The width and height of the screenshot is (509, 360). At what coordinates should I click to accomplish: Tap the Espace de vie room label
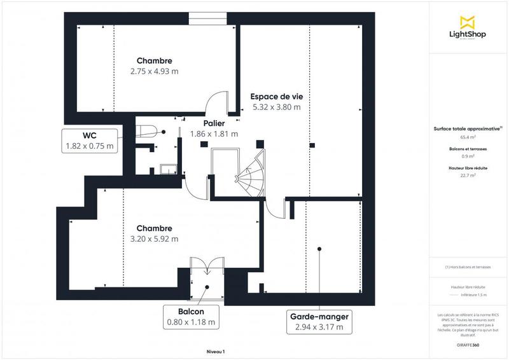pos(276,96)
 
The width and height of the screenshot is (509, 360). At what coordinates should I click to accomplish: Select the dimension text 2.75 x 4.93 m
pos(154,71)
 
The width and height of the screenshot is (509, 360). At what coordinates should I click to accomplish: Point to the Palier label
pos(213,123)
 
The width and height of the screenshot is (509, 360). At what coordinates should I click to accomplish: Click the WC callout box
pos(90,141)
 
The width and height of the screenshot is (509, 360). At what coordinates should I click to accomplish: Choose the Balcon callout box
pos(191,317)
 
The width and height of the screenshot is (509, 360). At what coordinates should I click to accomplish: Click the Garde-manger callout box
pos(319,322)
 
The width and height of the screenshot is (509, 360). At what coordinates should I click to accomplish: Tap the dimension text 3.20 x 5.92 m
pos(154,239)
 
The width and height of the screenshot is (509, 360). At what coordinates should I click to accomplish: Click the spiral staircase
pos(250,173)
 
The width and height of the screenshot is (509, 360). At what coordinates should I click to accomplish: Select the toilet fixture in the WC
pos(148,130)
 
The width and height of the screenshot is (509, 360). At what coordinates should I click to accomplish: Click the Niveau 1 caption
pos(216,351)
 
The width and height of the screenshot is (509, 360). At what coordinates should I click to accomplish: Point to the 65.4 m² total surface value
pos(468,137)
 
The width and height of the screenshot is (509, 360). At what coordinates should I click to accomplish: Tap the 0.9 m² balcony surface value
pos(468,156)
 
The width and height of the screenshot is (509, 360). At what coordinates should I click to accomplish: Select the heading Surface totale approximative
pos(468,128)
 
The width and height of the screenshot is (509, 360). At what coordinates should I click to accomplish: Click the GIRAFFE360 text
pos(468,343)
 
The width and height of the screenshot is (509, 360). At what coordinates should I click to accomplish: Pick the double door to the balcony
pos(206,266)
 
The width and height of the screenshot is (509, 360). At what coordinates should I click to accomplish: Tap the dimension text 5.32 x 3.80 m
pos(276,107)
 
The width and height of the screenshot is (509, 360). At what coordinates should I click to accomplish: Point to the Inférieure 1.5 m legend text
pos(474,295)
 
